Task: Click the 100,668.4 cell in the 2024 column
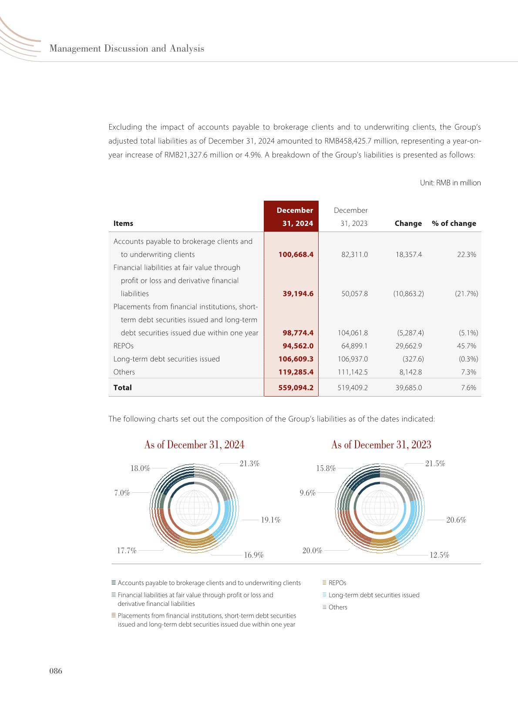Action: (296, 254)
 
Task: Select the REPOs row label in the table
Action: (123, 346)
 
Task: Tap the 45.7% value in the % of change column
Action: (467, 346)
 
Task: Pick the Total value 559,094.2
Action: (296, 387)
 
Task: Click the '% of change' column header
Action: (454, 223)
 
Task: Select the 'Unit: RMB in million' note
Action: (450, 183)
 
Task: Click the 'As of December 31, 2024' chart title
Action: (194, 444)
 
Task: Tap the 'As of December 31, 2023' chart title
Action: (381, 444)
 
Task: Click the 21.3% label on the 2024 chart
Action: (249, 464)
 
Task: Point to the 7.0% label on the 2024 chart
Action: (122, 493)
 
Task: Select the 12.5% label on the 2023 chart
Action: (439, 555)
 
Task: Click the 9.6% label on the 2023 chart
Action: (307, 493)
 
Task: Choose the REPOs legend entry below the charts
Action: (337, 583)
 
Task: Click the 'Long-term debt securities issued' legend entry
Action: (373, 595)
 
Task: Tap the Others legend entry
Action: (337, 607)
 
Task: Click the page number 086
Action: (56, 671)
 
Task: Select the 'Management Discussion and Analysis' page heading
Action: (127, 48)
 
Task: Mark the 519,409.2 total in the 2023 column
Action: (353, 387)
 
